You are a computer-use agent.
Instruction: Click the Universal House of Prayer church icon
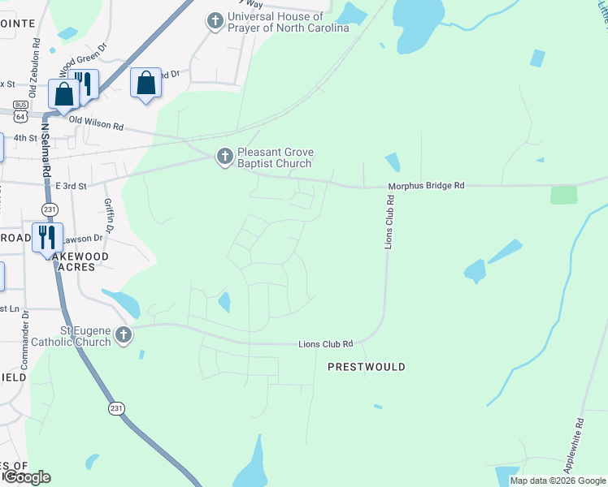(x=215, y=22)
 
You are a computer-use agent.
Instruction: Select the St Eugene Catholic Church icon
(x=123, y=335)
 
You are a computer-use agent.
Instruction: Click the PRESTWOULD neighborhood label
(x=366, y=368)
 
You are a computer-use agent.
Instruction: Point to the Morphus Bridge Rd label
(x=425, y=186)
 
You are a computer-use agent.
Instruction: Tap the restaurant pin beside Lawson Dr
(x=47, y=237)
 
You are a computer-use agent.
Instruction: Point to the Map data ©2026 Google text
(x=558, y=481)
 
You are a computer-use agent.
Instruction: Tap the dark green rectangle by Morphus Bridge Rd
(x=563, y=195)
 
